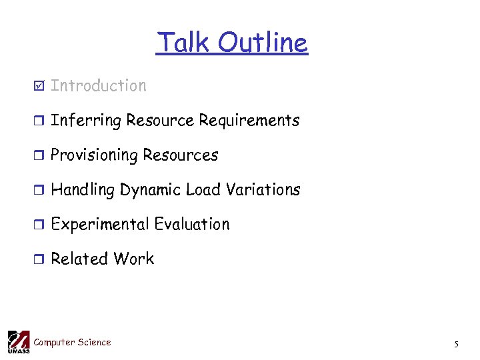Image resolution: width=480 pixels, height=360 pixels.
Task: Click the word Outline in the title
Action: (263, 43)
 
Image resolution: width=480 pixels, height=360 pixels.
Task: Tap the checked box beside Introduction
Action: (40, 86)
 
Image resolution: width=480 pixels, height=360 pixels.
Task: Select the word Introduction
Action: (98, 85)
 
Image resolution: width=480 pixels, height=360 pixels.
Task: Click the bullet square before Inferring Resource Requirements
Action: (40, 121)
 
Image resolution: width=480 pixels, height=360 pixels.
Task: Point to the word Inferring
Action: (86, 121)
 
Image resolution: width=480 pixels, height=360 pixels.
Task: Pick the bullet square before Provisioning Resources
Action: (40, 155)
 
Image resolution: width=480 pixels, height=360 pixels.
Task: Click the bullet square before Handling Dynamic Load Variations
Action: (40, 190)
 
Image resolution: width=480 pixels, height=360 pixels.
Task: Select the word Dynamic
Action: (150, 190)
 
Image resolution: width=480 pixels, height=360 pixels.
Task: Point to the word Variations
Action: (263, 190)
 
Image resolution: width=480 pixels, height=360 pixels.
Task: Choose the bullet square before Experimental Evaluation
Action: (40, 225)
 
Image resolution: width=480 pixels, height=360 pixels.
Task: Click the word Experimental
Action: (100, 225)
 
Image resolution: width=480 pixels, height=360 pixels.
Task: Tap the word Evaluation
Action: (192, 225)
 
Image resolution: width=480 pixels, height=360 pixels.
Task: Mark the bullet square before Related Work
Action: (40, 259)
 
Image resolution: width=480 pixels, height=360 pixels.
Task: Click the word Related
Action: (79, 259)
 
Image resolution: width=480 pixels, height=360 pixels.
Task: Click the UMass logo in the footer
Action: (18, 341)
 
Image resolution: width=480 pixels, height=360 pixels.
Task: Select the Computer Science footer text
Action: (72, 342)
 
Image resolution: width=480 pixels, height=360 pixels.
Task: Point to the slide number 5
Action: (456, 344)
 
